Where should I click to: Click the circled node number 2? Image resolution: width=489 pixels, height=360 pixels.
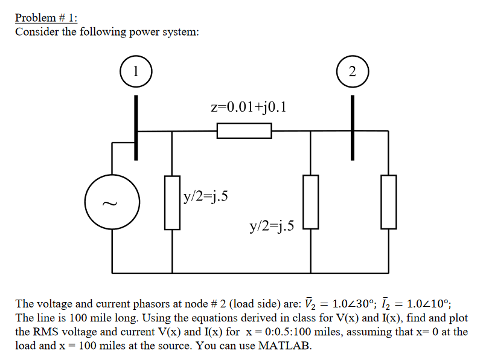(353, 71)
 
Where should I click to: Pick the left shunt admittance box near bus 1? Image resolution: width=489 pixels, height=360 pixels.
(173, 202)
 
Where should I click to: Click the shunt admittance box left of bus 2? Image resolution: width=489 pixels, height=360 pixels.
(310, 202)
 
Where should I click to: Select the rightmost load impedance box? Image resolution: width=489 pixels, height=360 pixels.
(388, 202)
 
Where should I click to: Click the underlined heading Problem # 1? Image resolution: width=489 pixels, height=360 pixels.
(42, 18)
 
